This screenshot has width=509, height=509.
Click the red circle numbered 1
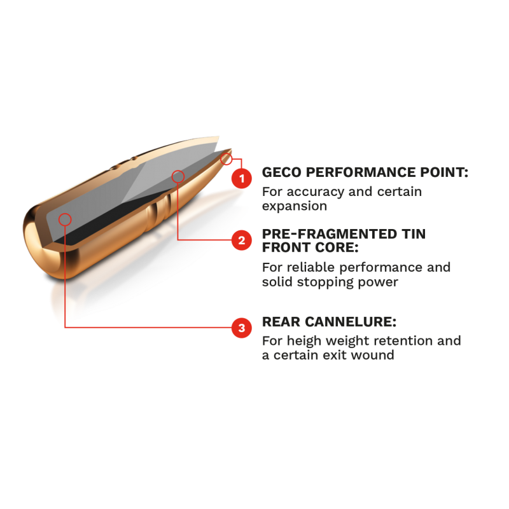[242, 178]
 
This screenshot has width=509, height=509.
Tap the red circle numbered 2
[242, 241]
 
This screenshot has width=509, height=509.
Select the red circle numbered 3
[242, 328]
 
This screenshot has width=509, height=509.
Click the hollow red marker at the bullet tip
[227, 159]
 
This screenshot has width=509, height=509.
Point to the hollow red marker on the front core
[178, 177]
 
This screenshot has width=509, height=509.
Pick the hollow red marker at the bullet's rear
[65, 220]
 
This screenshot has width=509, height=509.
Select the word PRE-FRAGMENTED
[330, 234]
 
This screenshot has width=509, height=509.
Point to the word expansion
[295, 206]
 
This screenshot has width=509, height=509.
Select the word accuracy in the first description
[314, 192]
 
